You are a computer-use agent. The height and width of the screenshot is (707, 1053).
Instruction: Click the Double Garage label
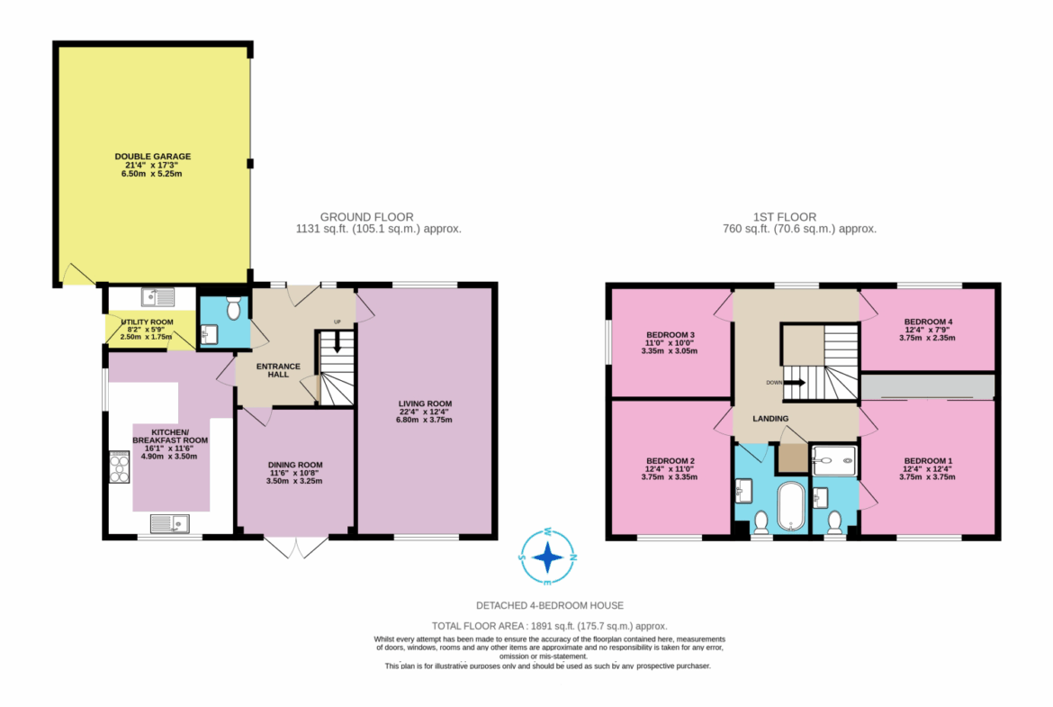pos(152,165)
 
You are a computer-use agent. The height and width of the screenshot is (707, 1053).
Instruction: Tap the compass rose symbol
pos(548,557)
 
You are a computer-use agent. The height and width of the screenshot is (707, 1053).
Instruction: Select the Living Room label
pos(425,412)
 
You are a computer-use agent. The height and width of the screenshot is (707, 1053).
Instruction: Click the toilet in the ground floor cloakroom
pos(233,308)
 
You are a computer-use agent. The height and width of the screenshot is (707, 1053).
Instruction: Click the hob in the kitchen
pos(119,467)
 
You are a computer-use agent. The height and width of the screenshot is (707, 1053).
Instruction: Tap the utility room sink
pos(157,296)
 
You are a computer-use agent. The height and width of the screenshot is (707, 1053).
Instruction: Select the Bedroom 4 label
pos(927,330)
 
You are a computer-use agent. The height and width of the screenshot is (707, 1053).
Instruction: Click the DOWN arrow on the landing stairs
pos(795,383)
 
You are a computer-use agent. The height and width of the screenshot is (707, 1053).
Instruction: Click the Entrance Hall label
pos(278,370)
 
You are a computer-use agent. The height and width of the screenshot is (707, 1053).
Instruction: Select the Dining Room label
pos(295,473)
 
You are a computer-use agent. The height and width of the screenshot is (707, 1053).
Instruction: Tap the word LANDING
pos(770,418)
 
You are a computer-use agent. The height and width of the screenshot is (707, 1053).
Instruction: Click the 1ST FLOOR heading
pos(785,217)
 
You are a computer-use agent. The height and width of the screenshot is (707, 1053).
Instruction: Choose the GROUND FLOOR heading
pos(366,217)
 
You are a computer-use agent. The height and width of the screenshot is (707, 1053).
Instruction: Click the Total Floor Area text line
pos(549,626)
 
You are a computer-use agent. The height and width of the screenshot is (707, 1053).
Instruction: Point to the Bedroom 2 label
pos(670,469)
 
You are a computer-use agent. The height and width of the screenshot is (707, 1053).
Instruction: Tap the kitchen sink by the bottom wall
pos(169,523)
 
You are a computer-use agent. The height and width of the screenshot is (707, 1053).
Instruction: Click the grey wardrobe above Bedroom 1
pos(927,387)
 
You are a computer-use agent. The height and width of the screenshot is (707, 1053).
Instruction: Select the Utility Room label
pos(147,330)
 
